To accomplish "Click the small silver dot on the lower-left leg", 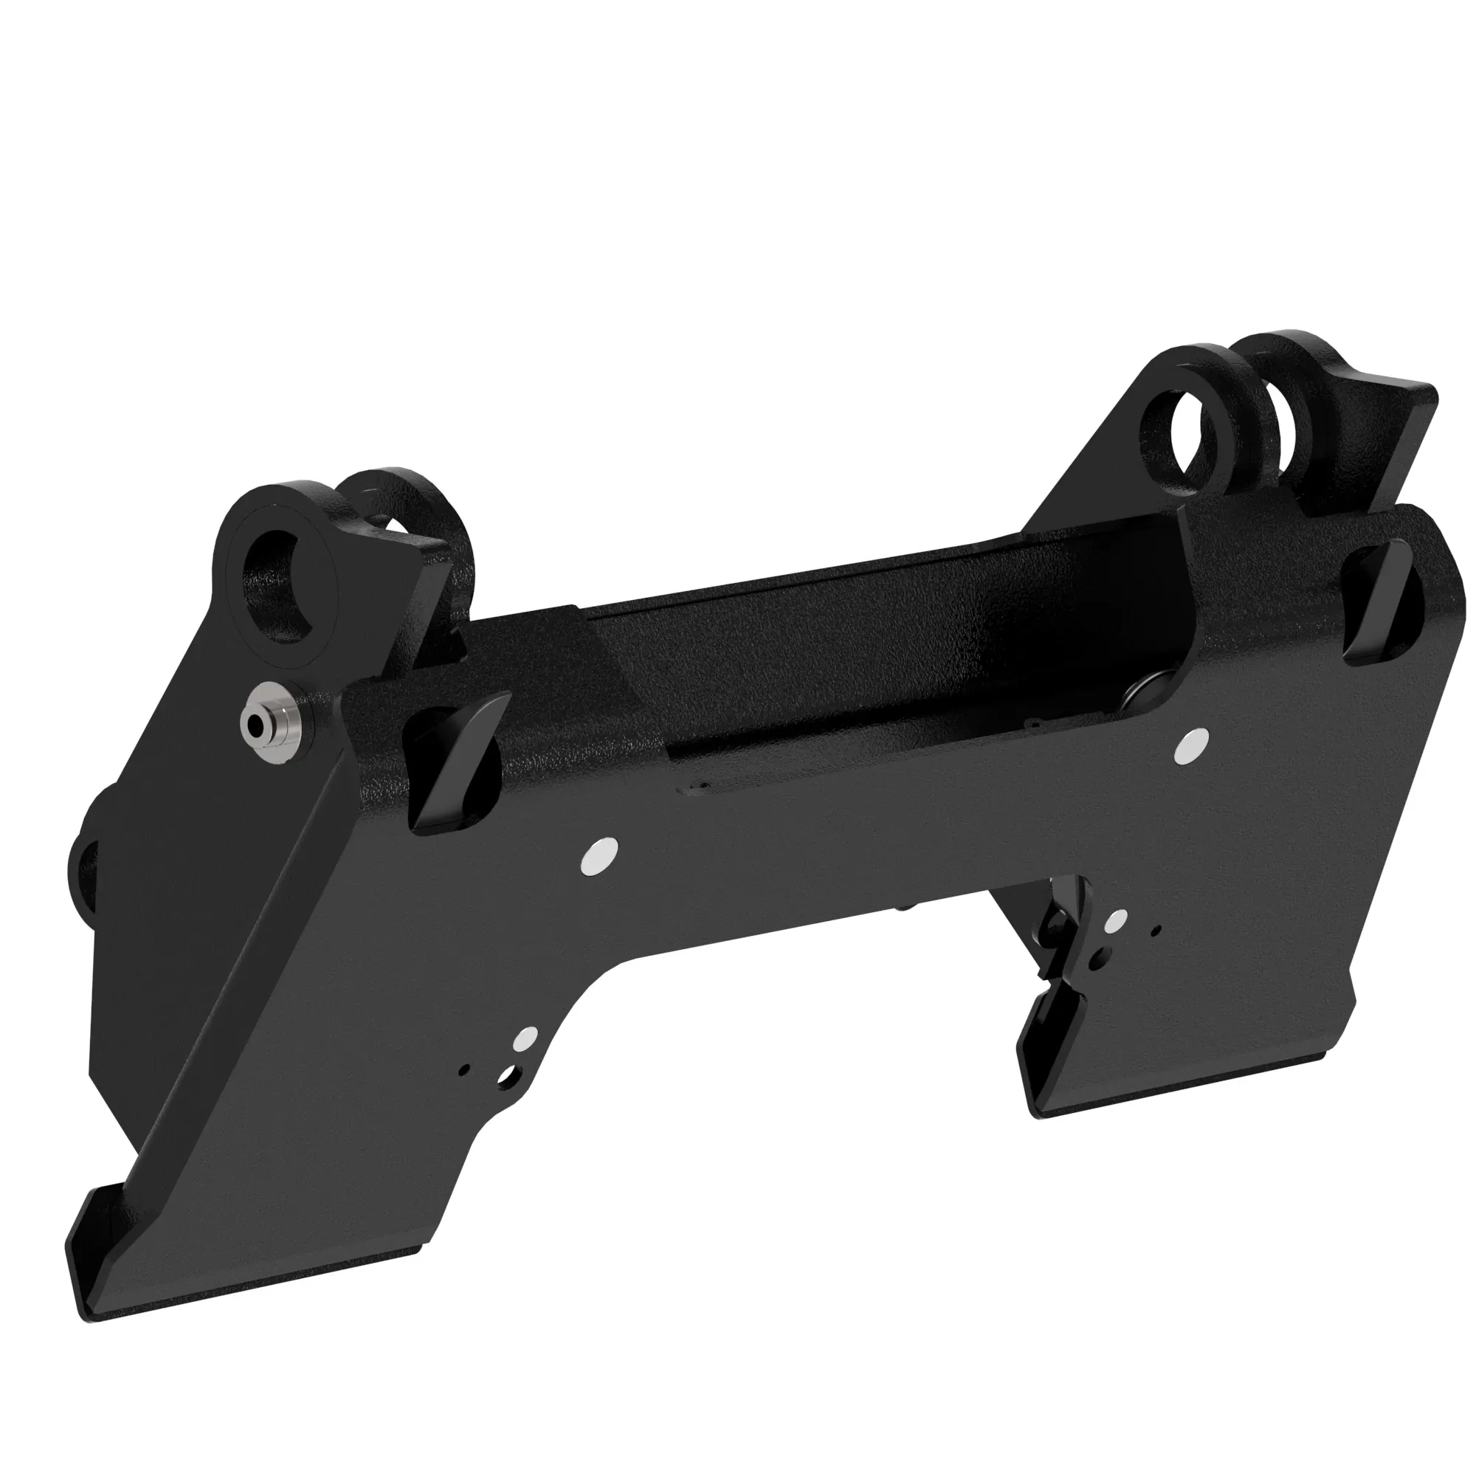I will [x=525, y=1039].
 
